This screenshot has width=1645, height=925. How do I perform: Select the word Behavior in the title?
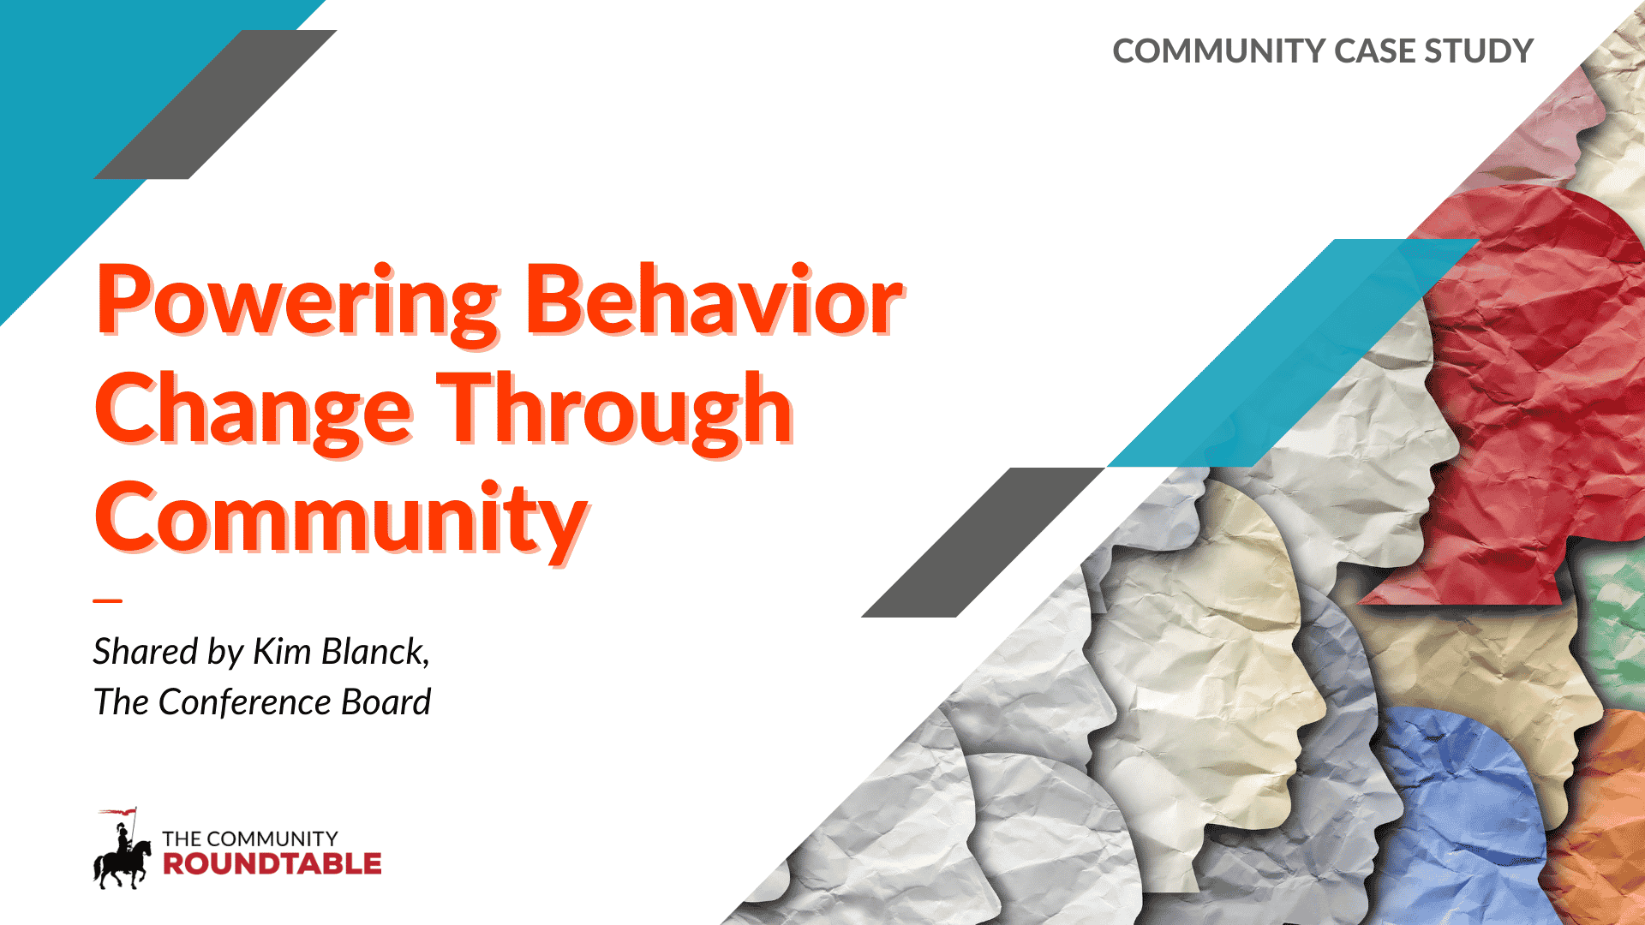tap(713, 300)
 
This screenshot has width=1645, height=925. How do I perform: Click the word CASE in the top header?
tap(1374, 51)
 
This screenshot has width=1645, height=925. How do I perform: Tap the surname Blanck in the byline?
tap(375, 652)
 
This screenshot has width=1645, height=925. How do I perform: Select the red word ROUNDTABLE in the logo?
tap(272, 864)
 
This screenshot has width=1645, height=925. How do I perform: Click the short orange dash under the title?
tap(108, 600)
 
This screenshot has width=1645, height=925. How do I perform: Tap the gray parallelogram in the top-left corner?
tap(215, 104)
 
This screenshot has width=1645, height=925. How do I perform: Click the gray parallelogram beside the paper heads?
tap(983, 542)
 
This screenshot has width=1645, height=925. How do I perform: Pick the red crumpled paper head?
tap(1534, 385)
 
